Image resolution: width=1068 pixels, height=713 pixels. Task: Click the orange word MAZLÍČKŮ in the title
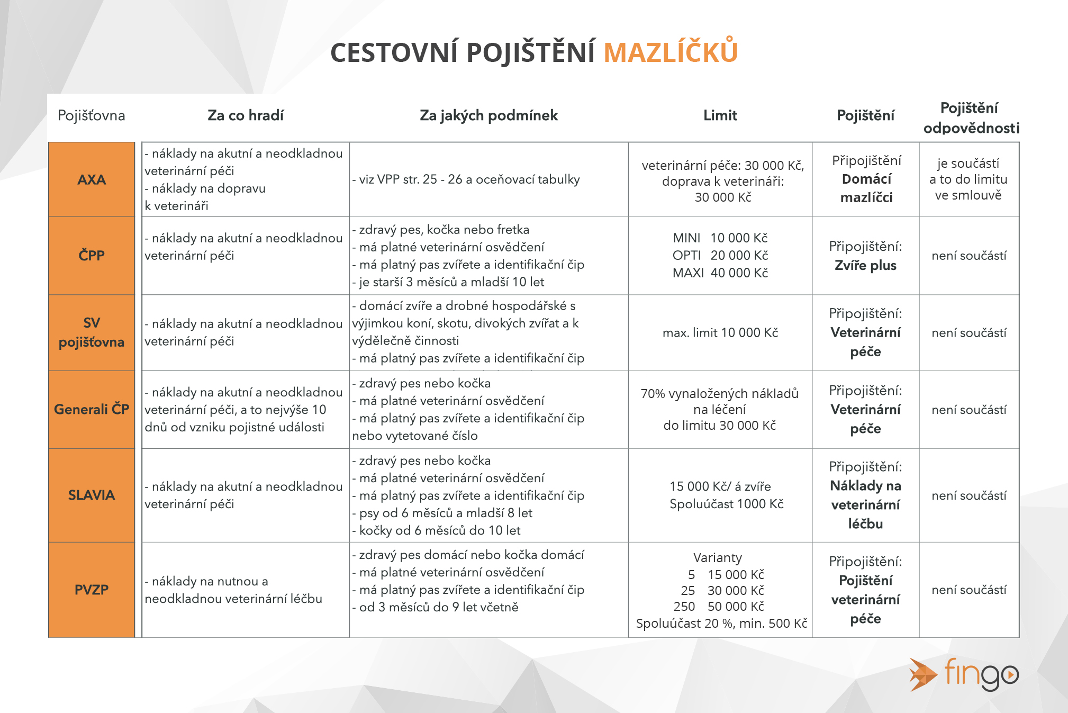click(671, 52)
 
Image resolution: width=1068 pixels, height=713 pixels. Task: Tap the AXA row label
click(92, 179)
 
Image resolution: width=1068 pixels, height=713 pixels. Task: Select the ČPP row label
click(92, 255)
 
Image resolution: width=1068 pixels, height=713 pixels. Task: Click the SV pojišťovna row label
click(92, 332)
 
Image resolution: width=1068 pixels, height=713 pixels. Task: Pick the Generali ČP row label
click(92, 409)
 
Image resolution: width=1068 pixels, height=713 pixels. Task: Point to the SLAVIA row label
click(92, 495)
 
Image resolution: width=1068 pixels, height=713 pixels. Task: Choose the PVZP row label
click(92, 589)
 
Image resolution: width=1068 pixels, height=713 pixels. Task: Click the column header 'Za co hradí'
click(246, 115)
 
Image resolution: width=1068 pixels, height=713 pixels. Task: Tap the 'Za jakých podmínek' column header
click(488, 115)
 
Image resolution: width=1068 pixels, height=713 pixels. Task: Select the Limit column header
click(720, 115)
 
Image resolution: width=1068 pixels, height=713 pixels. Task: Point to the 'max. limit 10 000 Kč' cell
click(720, 332)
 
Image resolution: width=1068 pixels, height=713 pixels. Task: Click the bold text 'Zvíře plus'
click(865, 265)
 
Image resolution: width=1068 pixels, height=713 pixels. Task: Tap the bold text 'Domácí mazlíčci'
click(866, 188)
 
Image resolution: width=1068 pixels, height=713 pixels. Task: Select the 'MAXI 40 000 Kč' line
click(720, 273)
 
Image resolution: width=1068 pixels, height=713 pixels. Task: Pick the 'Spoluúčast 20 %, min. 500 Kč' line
click(721, 623)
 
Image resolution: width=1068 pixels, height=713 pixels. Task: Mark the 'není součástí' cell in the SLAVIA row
click(969, 495)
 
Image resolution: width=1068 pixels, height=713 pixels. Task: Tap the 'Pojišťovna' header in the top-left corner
click(92, 115)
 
